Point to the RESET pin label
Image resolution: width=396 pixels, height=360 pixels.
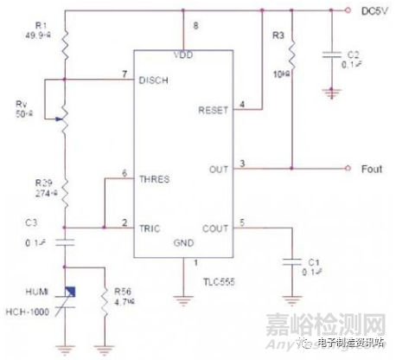point(214,111)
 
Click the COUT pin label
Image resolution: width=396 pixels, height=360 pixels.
point(216,228)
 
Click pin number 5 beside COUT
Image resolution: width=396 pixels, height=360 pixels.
point(242,222)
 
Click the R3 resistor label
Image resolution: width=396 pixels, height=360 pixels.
point(278,37)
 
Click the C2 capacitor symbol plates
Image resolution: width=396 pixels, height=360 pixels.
point(332,54)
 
